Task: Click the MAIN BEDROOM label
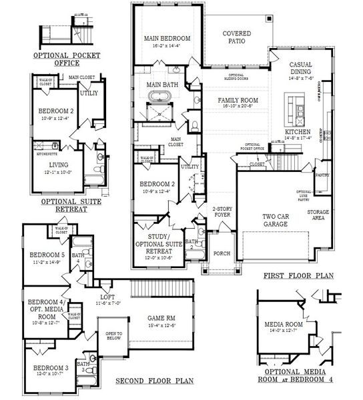click(x=167, y=39)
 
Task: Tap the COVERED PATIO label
click(x=236, y=37)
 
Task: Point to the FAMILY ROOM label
click(x=238, y=100)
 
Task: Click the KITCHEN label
click(x=298, y=133)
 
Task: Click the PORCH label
click(x=221, y=253)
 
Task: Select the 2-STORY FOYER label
click(x=222, y=211)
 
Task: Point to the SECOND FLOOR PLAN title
click(x=155, y=381)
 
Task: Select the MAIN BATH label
click(x=161, y=85)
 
